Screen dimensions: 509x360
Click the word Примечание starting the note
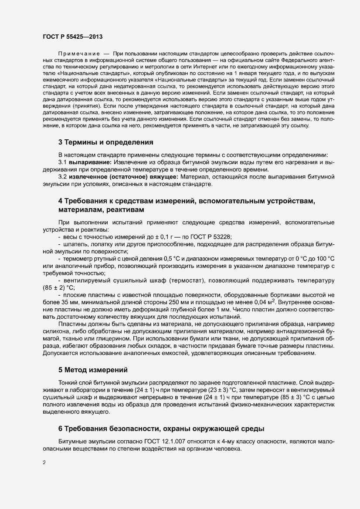[x=77, y=53]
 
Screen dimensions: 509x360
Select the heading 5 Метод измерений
[x=93, y=370]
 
